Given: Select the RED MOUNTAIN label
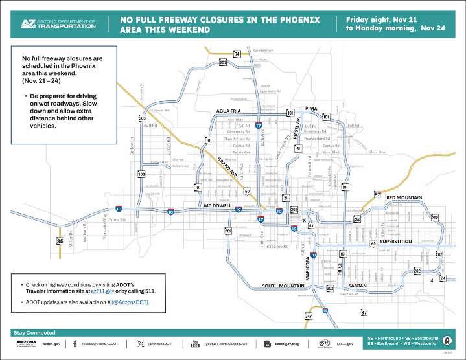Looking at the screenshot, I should [404, 197].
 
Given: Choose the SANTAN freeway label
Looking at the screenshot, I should [358, 286].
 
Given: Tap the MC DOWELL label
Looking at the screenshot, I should [217, 206].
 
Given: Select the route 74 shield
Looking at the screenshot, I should [237, 53].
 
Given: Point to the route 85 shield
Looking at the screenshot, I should [60, 242].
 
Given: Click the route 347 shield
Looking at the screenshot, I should [309, 316].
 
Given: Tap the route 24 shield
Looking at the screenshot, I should [443, 278].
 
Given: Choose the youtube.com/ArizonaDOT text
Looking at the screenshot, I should [227, 344].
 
